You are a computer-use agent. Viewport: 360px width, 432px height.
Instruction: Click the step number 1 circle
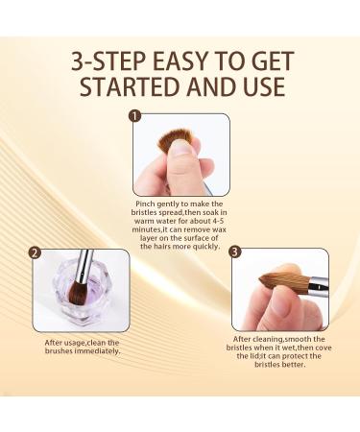(135, 117)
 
